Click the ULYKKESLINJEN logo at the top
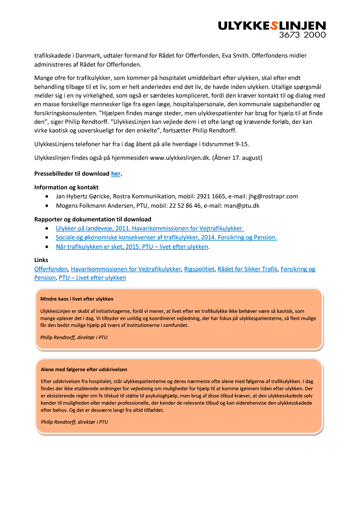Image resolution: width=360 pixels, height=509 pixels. coord(272,26)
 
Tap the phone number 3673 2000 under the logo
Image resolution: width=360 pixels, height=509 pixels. coord(302,35)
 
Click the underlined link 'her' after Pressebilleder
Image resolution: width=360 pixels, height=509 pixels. coord(116,174)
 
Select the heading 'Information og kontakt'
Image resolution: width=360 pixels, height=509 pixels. coord(66,188)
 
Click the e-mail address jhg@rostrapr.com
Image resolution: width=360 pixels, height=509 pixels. coord(273,197)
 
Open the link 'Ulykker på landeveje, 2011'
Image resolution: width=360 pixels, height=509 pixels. coord(149,229)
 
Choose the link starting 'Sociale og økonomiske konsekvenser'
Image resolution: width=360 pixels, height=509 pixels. coord(166,238)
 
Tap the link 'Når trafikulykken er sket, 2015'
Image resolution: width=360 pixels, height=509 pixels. coord(132,247)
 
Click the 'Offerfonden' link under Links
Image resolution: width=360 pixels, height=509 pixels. coord(51,269)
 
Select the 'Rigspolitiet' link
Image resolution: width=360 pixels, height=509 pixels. coord(199,269)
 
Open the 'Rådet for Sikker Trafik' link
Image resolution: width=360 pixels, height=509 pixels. coord(247,269)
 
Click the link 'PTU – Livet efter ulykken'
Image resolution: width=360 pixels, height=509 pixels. coord(92,278)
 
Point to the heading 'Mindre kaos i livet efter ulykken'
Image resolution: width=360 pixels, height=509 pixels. coord(77,299)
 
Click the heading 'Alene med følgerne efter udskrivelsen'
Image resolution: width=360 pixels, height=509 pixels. coord(84,370)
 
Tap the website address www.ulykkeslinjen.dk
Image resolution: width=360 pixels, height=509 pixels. coord(180,158)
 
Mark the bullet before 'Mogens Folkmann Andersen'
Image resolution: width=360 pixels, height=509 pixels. coord(47,206)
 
